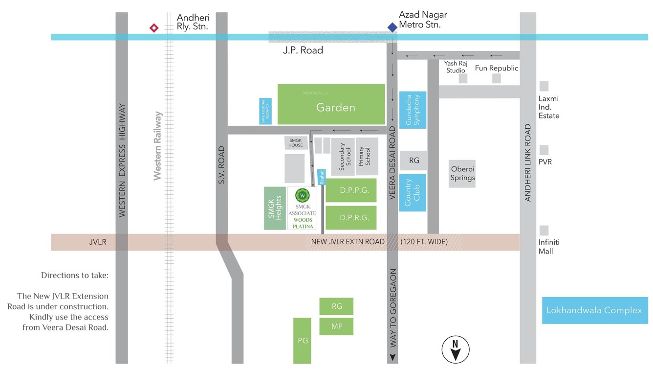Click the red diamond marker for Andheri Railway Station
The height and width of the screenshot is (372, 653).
[154, 28]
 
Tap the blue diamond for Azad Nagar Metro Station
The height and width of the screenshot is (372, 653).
[392, 27]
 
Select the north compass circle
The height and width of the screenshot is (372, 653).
[455, 349]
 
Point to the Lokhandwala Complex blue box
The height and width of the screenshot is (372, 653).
[594, 310]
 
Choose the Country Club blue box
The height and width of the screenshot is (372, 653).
[413, 192]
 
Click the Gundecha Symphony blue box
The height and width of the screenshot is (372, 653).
[413, 110]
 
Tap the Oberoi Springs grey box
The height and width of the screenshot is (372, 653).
[462, 173]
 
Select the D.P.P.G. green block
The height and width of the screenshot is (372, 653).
[351, 190]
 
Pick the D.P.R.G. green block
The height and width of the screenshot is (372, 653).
[351, 218]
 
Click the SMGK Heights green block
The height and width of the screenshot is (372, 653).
[275, 208]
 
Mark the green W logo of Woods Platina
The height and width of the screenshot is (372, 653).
[303, 195]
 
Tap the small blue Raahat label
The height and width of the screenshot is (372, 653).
[322, 177]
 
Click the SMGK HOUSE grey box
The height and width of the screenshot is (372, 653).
[296, 142]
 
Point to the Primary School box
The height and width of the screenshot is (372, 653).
[367, 156]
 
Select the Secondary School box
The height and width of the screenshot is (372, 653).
[343, 157]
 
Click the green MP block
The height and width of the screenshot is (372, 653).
[336, 326]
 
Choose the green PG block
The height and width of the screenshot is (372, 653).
[302, 341]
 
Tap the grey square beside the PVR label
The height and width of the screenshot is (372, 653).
[544, 150]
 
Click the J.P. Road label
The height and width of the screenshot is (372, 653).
[303, 50]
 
